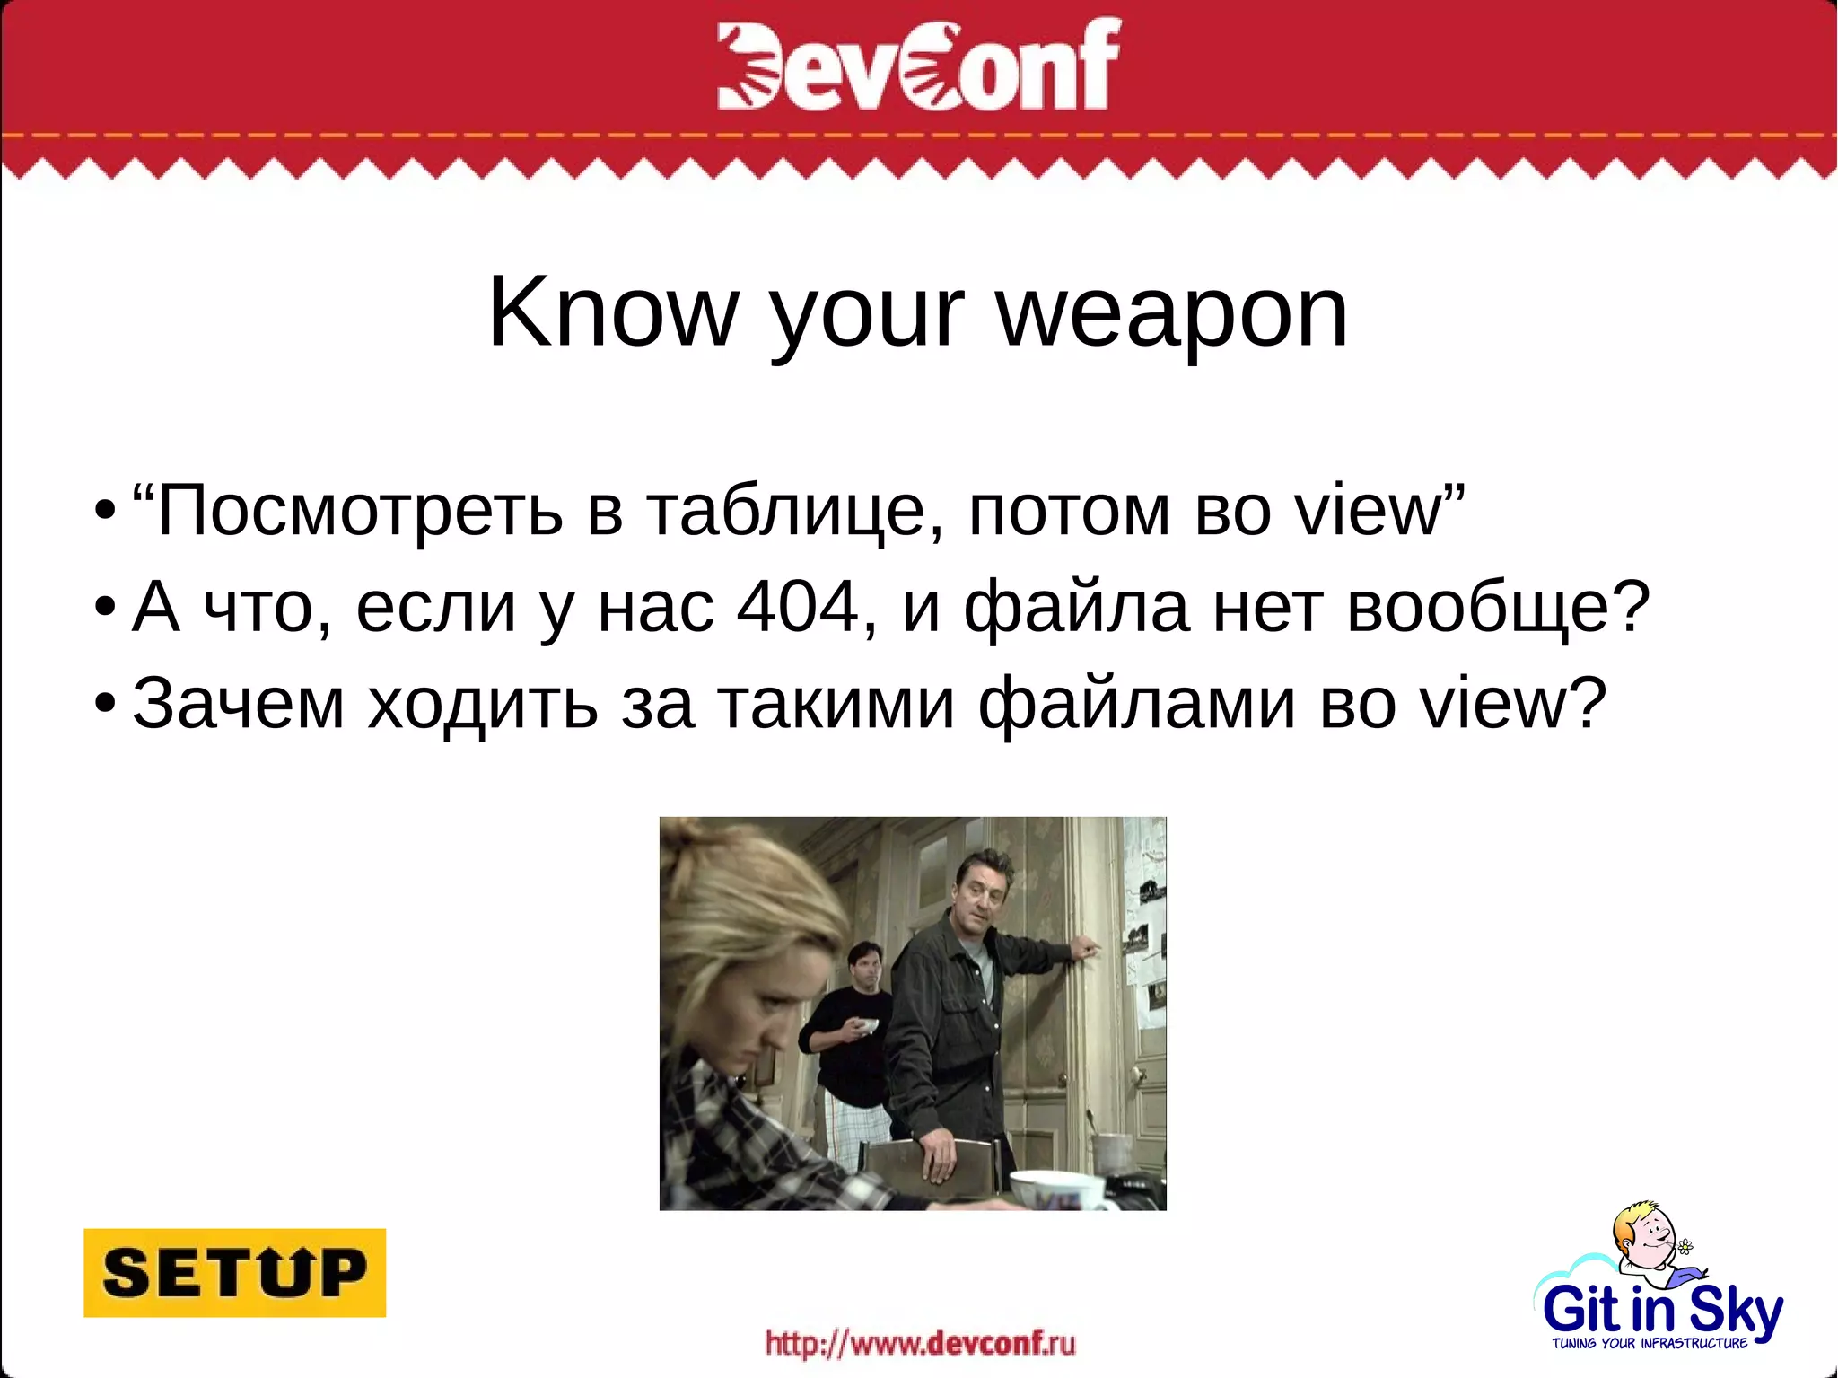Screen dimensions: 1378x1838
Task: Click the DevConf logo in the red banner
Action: (x=918, y=65)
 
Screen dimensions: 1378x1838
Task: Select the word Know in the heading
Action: (x=611, y=312)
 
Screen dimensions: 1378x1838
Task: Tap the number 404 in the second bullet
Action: (x=798, y=607)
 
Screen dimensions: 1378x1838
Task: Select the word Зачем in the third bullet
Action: (x=239, y=703)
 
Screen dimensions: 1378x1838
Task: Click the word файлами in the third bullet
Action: (x=1136, y=703)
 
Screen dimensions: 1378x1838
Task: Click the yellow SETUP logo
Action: (x=234, y=1272)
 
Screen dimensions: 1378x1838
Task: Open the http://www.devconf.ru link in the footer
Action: (x=920, y=1344)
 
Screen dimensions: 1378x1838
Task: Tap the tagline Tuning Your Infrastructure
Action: (x=1650, y=1344)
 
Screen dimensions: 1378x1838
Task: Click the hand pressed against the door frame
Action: (x=1087, y=948)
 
